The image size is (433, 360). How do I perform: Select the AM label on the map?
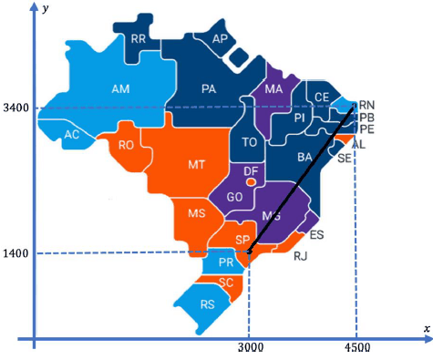[x=119, y=89]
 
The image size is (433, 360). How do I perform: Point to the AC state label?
[x=72, y=135]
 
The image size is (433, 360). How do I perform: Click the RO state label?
[x=127, y=144]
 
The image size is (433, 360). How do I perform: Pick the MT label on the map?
[x=196, y=165]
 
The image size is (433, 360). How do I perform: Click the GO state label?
[x=233, y=196]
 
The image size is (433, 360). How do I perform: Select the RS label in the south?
[x=208, y=303]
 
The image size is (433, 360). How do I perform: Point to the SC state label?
[x=226, y=282]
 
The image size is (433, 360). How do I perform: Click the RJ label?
[x=301, y=256]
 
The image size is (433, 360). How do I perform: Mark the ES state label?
[x=317, y=234]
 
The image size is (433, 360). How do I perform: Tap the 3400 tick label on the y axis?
[x=15, y=108]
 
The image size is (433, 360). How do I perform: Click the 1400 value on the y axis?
[x=15, y=252]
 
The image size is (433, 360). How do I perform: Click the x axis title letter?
[x=426, y=327]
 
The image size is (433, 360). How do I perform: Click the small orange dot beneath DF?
[x=251, y=181]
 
